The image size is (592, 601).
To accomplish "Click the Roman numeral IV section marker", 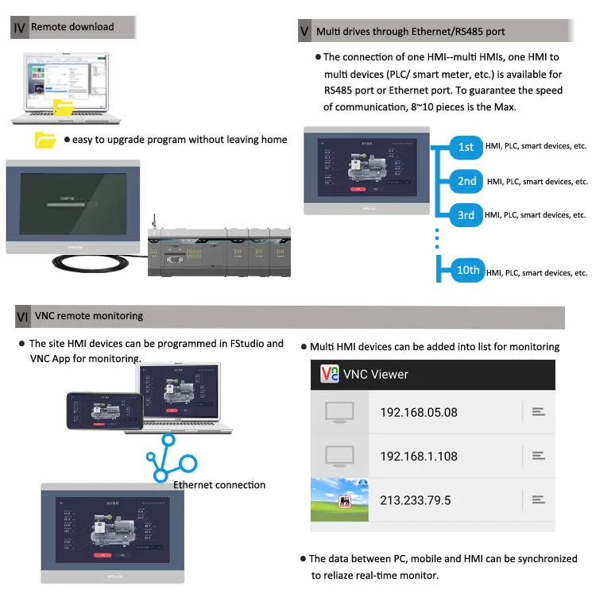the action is click(x=19, y=28).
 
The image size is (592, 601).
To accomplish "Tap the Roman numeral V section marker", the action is click(x=304, y=32).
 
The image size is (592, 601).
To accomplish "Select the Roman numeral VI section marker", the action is click(x=22, y=317).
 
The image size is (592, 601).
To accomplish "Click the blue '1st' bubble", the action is click(x=466, y=147).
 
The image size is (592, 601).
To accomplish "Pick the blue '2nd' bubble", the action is click(x=467, y=181).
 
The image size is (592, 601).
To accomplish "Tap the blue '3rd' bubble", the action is click(x=466, y=215).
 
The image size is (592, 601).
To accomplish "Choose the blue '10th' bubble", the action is click(x=468, y=270).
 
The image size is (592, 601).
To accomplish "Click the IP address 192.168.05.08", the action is click(x=419, y=412).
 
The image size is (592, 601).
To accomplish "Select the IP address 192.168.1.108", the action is click(x=419, y=456).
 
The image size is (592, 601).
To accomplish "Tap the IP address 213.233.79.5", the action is click(x=416, y=499).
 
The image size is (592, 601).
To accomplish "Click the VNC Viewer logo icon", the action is click(x=329, y=374).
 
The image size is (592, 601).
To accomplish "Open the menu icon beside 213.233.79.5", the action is click(x=538, y=499).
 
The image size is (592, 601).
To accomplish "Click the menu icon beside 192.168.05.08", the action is click(x=538, y=411).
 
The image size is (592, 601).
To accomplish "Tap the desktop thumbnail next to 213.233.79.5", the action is click(x=339, y=499).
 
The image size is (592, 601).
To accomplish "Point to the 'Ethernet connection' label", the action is click(x=219, y=485).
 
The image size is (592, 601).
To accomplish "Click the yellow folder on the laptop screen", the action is click(x=63, y=107).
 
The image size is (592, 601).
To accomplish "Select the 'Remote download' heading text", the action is click(x=72, y=27).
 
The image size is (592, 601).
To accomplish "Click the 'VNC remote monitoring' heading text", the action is click(x=89, y=316).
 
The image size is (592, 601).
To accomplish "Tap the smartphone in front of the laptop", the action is click(x=105, y=411).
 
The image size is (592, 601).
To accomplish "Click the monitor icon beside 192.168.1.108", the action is click(x=339, y=456).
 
